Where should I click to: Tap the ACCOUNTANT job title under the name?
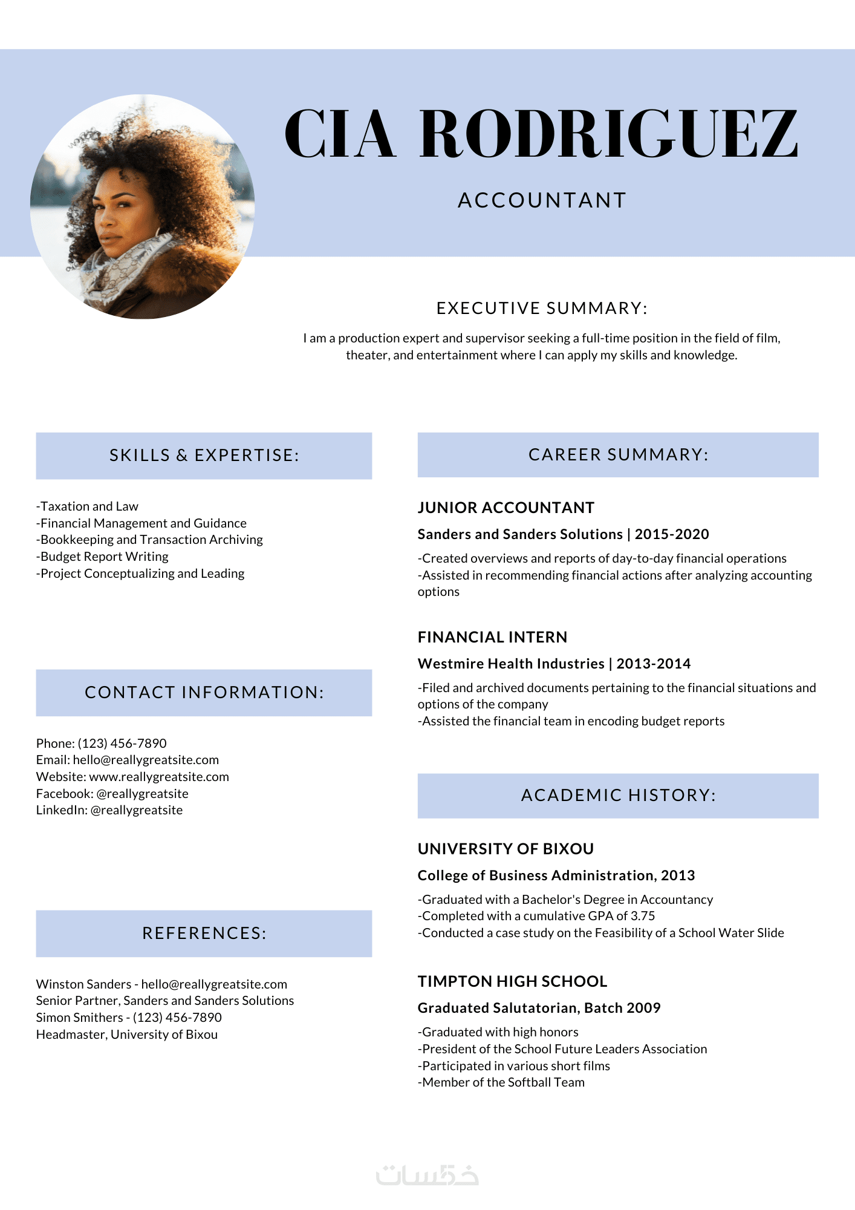pyautogui.click(x=542, y=200)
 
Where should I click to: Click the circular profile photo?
pyautogui.click(x=143, y=206)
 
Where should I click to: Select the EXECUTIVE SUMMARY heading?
pyautogui.click(x=542, y=309)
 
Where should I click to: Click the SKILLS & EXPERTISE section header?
pyautogui.click(x=204, y=456)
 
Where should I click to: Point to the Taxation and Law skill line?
pyautogui.click(x=88, y=506)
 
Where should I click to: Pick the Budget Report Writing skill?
pyautogui.click(x=103, y=557)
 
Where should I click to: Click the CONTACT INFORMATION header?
pyautogui.click(x=204, y=693)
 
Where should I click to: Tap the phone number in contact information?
pyautogui.click(x=122, y=744)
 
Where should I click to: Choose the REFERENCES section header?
pyautogui.click(x=204, y=934)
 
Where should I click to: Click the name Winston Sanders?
pyautogui.click(x=83, y=984)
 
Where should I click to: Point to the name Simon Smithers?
pyautogui.click(x=79, y=1018)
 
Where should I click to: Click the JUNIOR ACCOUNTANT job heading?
pyautogui.click(x=506, y=508)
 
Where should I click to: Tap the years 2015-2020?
pyautogui.click(x=672, y=534)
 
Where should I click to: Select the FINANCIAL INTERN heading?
pyautogui.click(x=492, y=637)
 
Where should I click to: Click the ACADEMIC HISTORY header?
pyautogui.click(x=618, y=796)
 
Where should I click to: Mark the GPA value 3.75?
pyautogui.click(x=643, y=916)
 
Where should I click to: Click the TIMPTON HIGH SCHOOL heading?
pyautogui.click(x=512, y=981)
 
